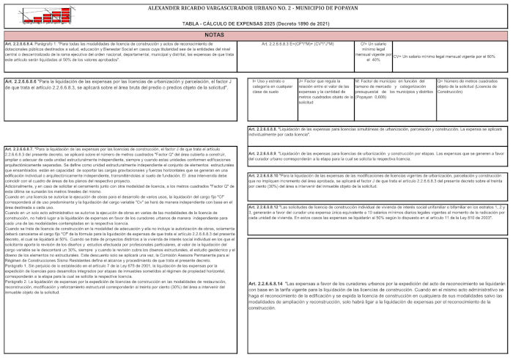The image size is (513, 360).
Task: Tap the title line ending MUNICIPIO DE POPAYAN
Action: pos(256,7)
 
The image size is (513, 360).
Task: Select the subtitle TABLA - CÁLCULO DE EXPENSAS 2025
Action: pos(256,24)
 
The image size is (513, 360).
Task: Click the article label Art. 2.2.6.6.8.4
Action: pos(19,44)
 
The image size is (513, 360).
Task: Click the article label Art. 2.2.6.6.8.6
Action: pos(21,81)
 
